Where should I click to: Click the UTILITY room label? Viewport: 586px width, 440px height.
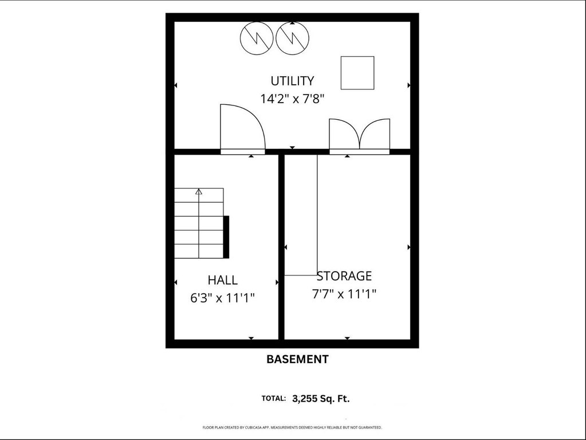click(x=292, y=81)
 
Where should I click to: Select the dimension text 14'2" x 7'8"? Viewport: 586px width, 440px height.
click(x=292, y=99)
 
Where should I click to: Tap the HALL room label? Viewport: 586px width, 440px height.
click(x=222, y=280)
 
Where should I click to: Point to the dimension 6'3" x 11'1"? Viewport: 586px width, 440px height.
click(x=222, y=298)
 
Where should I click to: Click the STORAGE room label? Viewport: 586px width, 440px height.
click(x=344, y=276)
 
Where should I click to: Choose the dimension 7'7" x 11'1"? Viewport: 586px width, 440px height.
click(x=344, y=294)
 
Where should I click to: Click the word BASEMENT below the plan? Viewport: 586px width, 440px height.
click(x=297, y=359)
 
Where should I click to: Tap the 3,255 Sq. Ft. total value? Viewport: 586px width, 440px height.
click(x=321, y=399)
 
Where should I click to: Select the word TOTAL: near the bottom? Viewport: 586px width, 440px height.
click(x=274, y=399)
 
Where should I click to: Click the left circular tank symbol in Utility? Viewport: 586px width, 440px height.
click(x=257, y=38)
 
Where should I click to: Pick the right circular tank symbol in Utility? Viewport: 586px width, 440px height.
click(x=293, y=38)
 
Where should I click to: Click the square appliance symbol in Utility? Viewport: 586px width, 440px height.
click(x=357, y=73)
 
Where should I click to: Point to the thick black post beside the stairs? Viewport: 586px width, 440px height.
click(x=226, y=237)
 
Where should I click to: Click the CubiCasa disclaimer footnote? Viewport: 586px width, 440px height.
click(x=292, y=427)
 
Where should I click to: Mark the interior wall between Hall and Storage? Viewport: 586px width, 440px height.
click(x=281, y=247)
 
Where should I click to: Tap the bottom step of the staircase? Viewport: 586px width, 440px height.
click(x=199, y=251)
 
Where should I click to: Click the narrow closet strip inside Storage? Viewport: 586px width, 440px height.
click(x=301, y=215)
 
